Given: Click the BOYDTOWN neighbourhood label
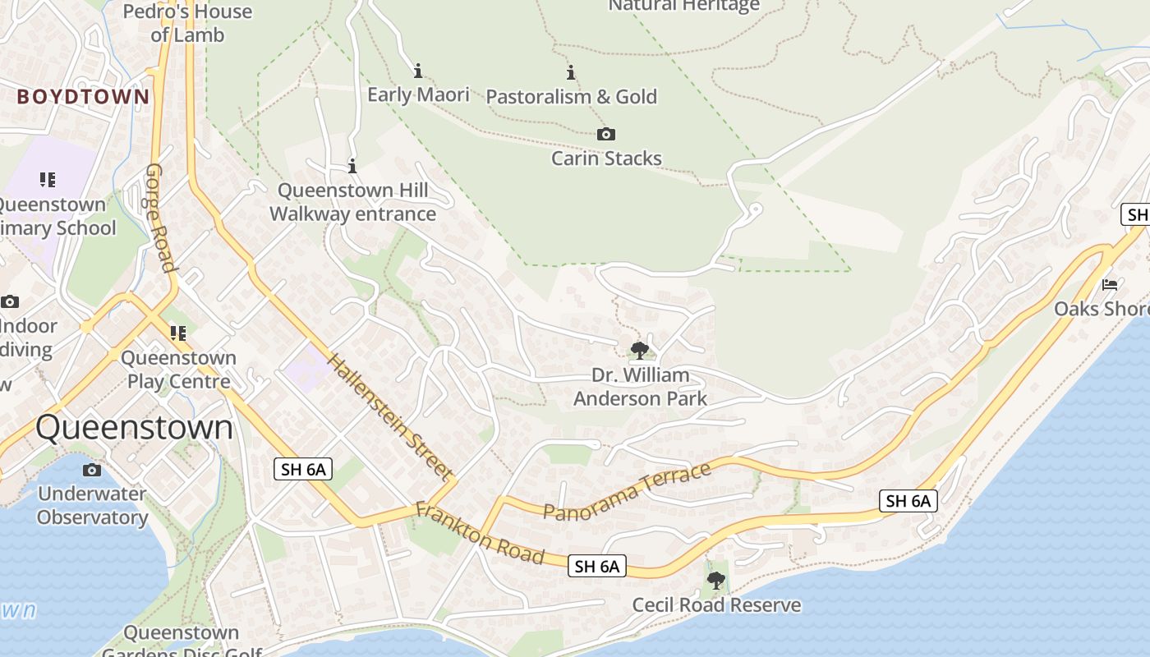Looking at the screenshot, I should coord(84,97).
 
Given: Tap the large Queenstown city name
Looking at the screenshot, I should coord(135,428).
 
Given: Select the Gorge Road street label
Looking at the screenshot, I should coord(161,218).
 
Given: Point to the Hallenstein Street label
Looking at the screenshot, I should coord(389,416).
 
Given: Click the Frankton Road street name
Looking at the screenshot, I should coord(480,534).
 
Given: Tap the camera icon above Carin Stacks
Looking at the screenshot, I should coord(606,135).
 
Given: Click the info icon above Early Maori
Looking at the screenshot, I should coord(418,71).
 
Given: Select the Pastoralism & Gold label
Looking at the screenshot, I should coord(572,97).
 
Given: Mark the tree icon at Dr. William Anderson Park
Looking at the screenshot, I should coord(639,351).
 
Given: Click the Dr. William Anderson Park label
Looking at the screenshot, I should coord(640,387).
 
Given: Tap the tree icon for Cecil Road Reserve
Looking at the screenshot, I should coord(716,581).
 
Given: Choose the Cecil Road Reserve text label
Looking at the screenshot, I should coord(716,605).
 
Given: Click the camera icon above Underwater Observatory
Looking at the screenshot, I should coord(92,471).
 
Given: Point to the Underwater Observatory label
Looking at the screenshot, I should coord(92,505).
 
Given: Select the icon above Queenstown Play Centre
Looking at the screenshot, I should coord(177,333).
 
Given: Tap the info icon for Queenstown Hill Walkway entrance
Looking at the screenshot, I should coord(352,167).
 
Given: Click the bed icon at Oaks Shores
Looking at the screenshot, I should coord(1110,285).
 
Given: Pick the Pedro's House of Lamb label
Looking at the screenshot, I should coord(188,23).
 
